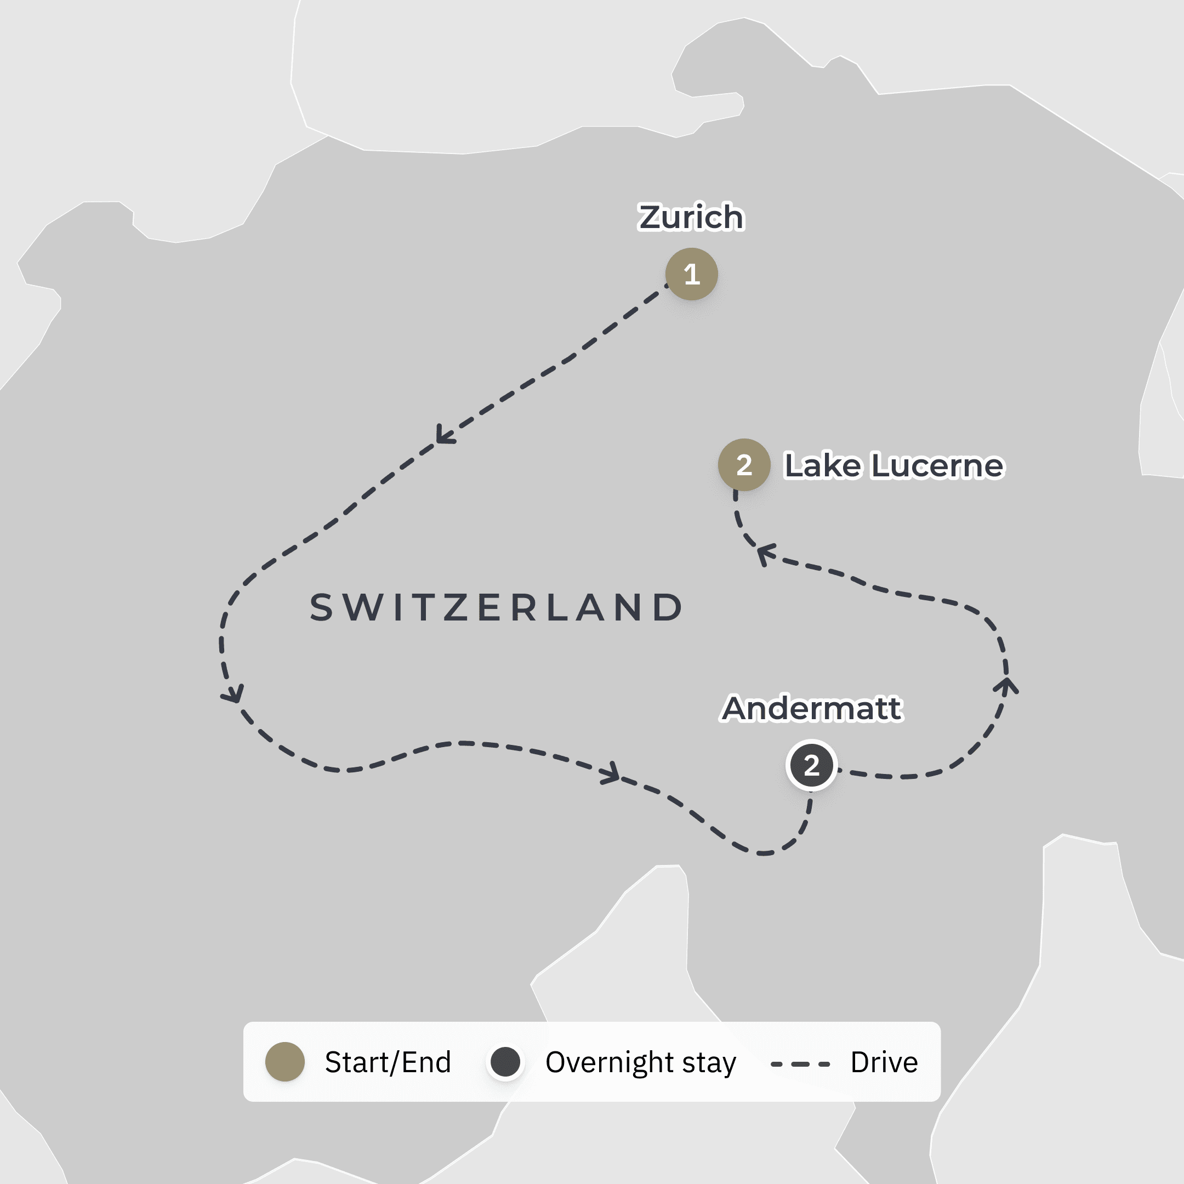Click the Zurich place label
[691, 217]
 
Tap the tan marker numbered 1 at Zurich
[691, 274]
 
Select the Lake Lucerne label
[894, 465]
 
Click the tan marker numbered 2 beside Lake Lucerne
[744, 464]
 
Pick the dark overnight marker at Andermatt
[811, 765]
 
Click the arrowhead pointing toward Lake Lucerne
[765, 554]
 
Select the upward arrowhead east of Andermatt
[1006, 685]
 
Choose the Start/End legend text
[388, 1062]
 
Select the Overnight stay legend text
[640, 1062]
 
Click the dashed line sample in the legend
[800, 1065]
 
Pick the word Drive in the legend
[884, 1062]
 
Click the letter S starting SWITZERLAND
[321, 608]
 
